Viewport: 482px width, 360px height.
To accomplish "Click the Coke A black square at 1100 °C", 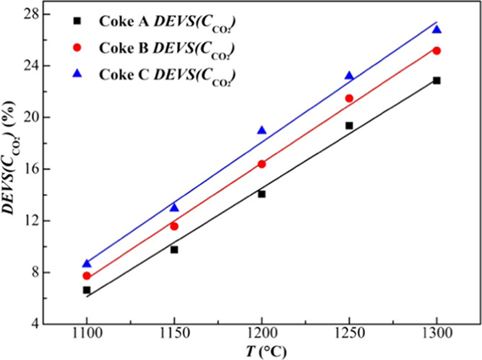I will (87, 290).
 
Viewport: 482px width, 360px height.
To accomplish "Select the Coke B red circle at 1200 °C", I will (262, 164).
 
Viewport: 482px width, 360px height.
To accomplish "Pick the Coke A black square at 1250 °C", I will (349, 126).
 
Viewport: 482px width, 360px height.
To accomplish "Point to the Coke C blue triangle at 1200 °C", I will (262, 130).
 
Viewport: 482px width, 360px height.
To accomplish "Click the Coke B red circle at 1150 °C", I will (174, 226).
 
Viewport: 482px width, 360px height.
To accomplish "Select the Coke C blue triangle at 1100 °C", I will (87, 263).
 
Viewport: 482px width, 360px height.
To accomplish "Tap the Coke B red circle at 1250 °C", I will (349, 98).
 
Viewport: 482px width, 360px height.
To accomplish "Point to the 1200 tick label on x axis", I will (262, 338).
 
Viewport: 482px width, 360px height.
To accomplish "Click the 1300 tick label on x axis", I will (436, 338).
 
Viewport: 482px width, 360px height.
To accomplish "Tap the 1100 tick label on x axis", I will (87, 338).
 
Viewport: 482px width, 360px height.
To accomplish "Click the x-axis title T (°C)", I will (261, 352).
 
